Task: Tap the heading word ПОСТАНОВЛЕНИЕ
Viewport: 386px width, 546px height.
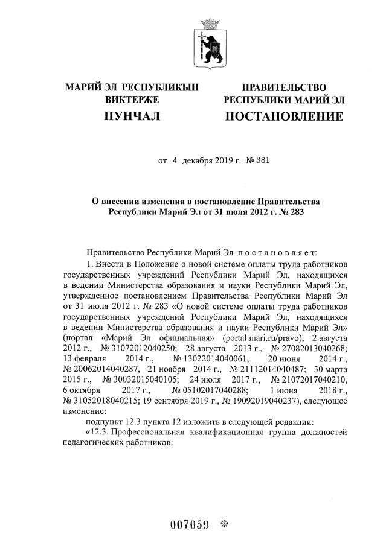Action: point(283,115)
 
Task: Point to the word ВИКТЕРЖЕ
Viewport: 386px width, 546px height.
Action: point(131,99)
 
